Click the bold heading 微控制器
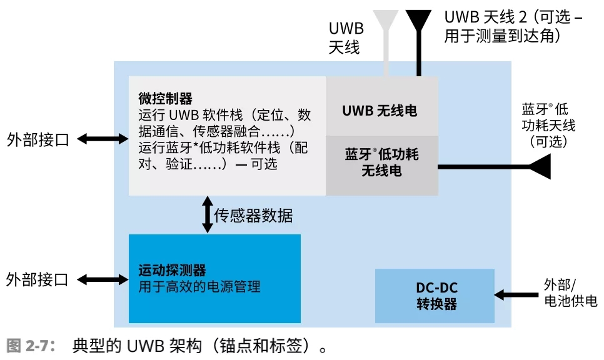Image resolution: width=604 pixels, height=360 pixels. click(165, 99)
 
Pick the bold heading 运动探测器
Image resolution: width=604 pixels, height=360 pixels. click(172, 271)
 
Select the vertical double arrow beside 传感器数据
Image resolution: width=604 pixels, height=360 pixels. click(206, 215)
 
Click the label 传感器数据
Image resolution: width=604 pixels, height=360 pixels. click(253, 216)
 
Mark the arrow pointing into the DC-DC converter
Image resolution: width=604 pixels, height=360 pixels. click(515, 293)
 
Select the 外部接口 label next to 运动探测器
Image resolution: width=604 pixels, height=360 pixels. click(38, 279)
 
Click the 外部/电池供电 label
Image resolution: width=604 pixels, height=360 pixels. click(566, 293)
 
